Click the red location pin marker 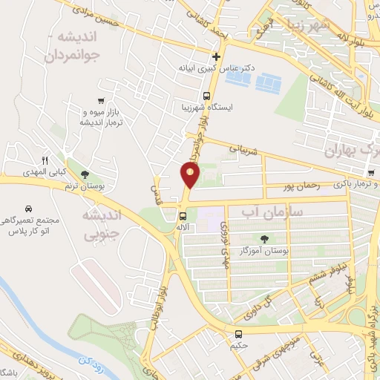(x=190, y=175)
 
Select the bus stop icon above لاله (x=182, y=216)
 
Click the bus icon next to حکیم (x=238, y=335)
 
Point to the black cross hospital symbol (x=216, y=56)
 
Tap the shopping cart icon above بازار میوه (x=101, y=100)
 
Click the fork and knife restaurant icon (x=45, y=160)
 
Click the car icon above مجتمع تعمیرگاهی (x=27, y=209)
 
